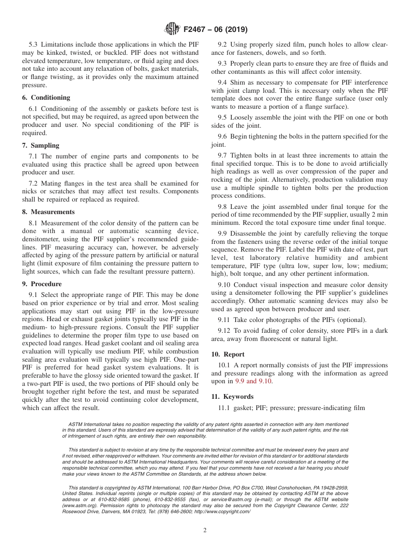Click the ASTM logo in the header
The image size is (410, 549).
pos(172,29)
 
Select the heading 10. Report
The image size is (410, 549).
pos(228,354)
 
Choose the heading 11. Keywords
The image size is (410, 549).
pos(232,397)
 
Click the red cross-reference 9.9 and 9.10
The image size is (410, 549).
pos(253,382)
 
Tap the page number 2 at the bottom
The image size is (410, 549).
pos(205,530)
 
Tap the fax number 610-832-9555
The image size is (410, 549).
pos(173,499)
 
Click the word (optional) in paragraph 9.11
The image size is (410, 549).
pos(352,320)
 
